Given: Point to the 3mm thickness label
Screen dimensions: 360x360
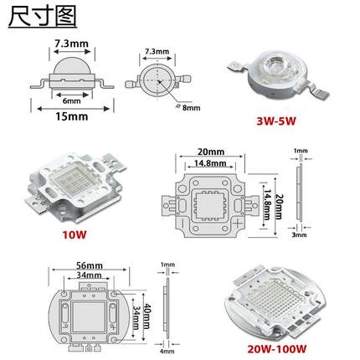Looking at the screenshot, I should click(x=298, y=236).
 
